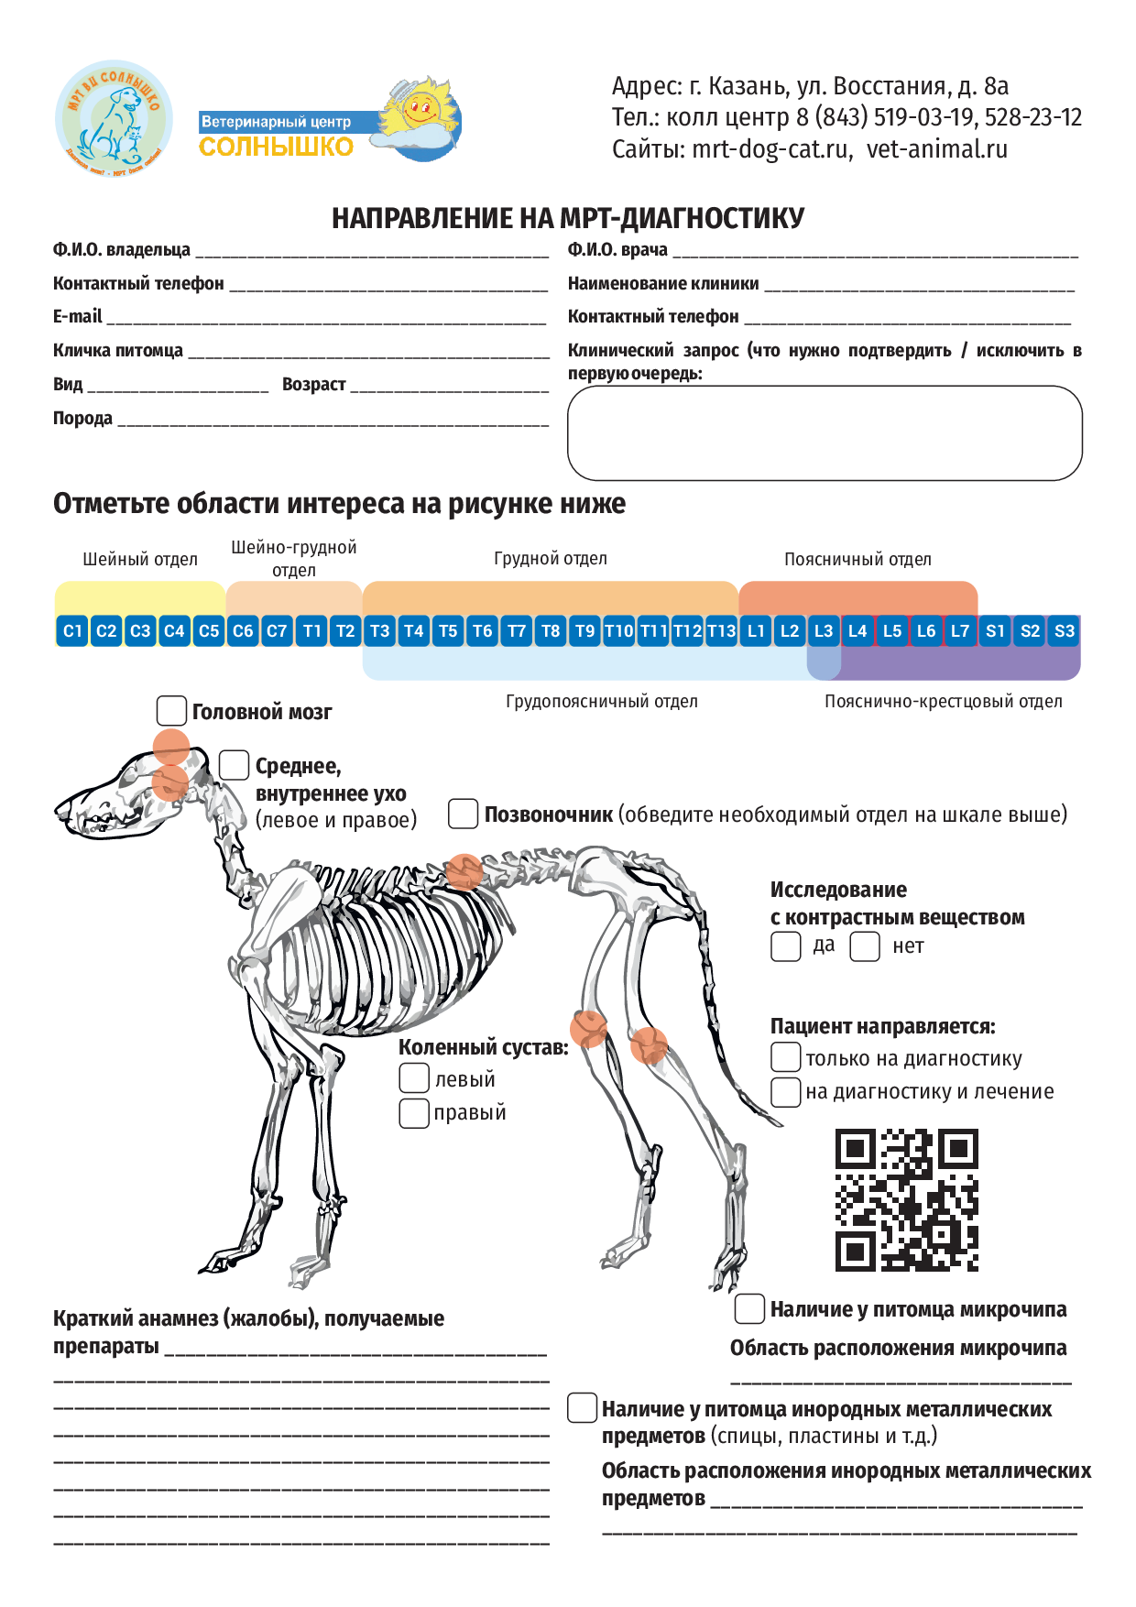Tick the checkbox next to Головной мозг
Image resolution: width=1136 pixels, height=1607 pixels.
click(171, 710)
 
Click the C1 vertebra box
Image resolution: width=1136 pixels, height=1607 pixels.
click(72, 631)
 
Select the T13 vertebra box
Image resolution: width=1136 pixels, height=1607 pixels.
click(721, 631)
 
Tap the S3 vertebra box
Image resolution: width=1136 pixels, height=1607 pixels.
click(1064, 631)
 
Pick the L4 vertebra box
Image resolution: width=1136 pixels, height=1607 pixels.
click(857, 631)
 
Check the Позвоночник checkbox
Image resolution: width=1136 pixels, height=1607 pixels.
click(463, 814)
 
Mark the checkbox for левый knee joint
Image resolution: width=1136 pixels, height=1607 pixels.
click(414, 1078)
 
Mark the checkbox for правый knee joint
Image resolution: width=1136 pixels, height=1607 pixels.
click(414, 1112)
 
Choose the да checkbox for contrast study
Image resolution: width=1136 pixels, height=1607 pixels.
click(785, 946)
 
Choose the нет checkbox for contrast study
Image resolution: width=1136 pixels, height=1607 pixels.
click(865, 946)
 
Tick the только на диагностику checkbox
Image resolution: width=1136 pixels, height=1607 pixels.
click(785, 1057)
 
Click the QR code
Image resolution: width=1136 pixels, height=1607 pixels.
click(907, 1200)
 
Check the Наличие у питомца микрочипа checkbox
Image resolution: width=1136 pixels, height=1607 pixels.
click(749, 1309)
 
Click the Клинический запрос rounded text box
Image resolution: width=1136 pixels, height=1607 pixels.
click(825, 432)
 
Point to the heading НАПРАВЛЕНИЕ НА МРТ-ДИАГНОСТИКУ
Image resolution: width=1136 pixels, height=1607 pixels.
click(568, 218)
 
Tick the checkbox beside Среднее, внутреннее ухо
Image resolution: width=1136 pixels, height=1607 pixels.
click(234, 765)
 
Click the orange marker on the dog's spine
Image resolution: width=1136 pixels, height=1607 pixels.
click(464, 871)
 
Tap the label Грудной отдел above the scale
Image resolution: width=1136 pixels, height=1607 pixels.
click(550, 559)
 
